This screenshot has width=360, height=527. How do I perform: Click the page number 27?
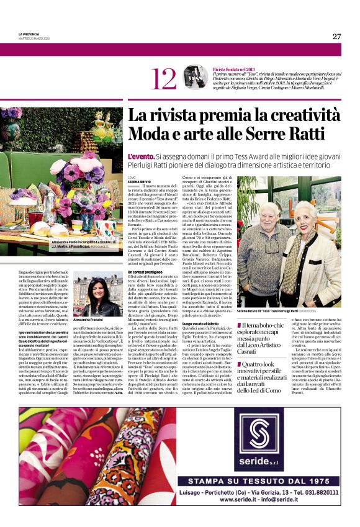[336, 36]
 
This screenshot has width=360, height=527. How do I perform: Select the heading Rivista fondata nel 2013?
[235, 69]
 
